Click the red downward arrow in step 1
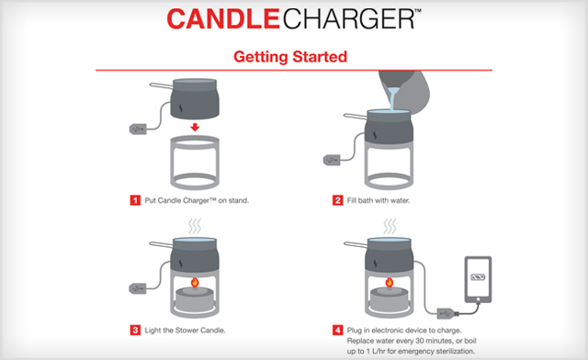(194, 127)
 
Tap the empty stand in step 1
(194, 162)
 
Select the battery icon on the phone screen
(479, 276)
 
